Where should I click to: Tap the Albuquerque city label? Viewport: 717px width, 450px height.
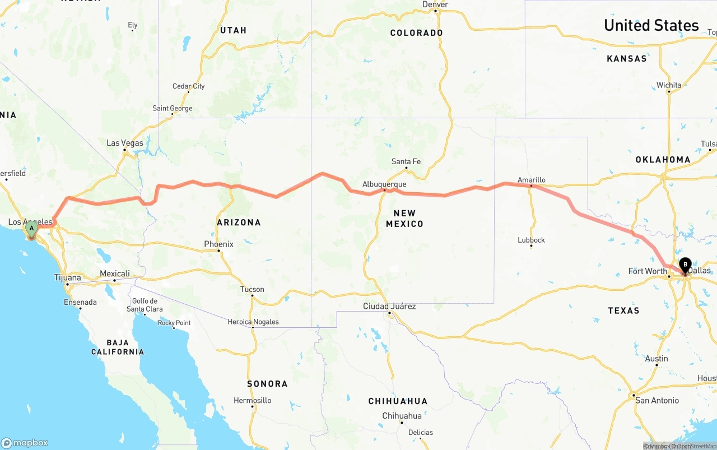[384, 184]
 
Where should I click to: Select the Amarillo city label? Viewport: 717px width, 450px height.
[531, 180]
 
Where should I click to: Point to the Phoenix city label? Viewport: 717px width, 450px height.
[218, 244]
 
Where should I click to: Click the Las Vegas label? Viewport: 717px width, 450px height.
[125, 143]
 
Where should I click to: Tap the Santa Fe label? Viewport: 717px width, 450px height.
[406, 161]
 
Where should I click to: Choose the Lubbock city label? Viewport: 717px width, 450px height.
[531, 240]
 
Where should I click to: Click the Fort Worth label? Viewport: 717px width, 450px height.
[648, 271]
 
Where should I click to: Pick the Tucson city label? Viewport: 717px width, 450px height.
[252, 289]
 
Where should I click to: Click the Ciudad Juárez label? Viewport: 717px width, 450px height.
[389, 306]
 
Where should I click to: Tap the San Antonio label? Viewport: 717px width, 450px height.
[657, 400]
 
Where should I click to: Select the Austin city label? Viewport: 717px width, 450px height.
[657, 359]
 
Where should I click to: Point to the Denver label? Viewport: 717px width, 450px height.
[435, 4]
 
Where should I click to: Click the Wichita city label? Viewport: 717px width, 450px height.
[669, 85]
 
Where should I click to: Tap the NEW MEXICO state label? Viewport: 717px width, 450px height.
[404, 218]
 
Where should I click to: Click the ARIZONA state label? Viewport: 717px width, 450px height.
[239, 222]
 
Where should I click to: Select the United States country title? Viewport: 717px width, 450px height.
[651, 25]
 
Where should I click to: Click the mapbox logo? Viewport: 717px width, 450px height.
[25, 443]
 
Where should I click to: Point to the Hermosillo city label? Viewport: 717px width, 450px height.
[253, 400]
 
